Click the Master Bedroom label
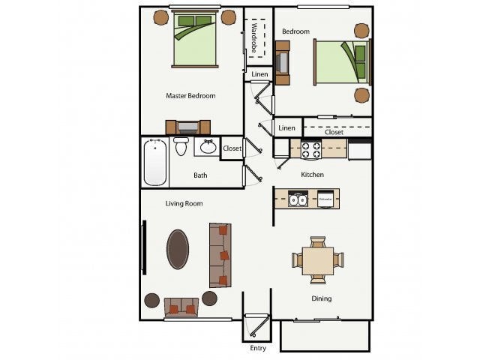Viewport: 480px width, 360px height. (x=190, y=96)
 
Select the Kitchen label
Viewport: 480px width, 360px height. (x=312, y=175)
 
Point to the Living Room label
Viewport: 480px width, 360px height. (x=184, y=203)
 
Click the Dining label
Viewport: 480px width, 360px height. (x=321, y=298)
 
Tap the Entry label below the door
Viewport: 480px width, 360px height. (x=257, y=349)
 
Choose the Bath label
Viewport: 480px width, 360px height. (x=200, y=176)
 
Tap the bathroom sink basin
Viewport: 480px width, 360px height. (x=206, y=146)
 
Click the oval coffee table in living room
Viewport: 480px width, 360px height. (x=178, y=248)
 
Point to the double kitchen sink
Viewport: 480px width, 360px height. (x=298, y=199)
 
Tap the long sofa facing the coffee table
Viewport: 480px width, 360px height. (x=220, y=255)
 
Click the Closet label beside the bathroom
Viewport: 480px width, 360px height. (x=232, y=148)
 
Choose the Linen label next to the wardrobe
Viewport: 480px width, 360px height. (x=259, y=74)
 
